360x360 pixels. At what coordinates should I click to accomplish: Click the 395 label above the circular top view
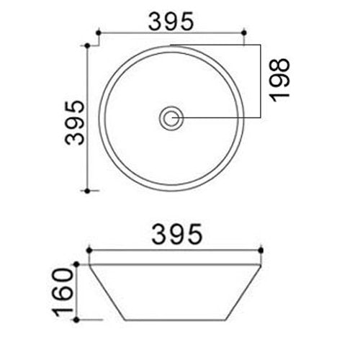pyautogui.click(x=171, y=21)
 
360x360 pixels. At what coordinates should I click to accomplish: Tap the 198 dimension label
pyautogui.click(x=280, y=78)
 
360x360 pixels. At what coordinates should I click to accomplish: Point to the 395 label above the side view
pyautogui.click(x=174, y=235)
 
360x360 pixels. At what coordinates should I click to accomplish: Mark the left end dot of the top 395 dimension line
pyautogui.click(x=98, y=32)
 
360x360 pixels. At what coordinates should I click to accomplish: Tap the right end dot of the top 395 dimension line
pyautogui.click(x=246, y=32)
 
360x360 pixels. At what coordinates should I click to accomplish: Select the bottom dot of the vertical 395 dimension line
pyautogui.click(x=88, y=191)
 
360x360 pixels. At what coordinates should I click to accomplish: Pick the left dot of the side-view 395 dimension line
pyautogui.click(x=88, y=251)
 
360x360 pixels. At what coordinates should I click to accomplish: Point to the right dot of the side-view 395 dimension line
pyautogui.click(x=261, y=251)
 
